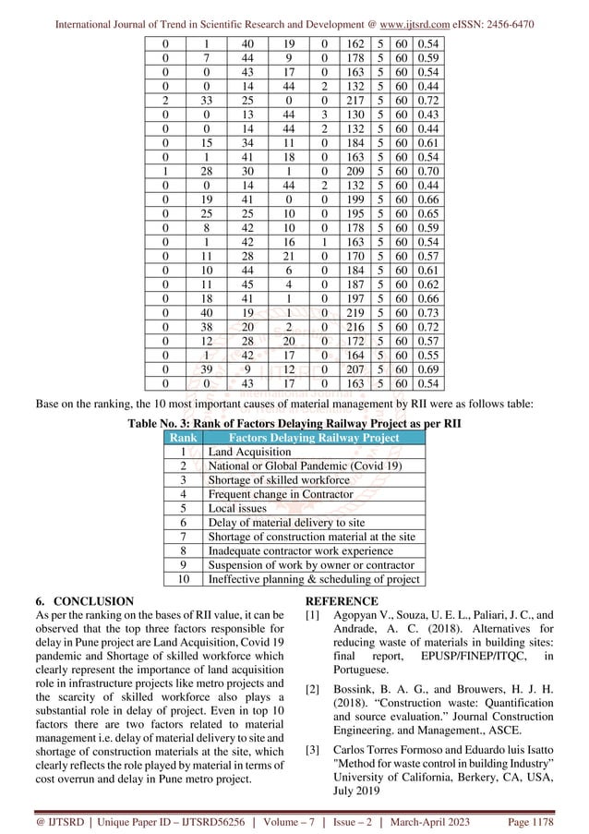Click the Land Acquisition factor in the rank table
249,452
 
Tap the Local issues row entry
237,507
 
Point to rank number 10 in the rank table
183,579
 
